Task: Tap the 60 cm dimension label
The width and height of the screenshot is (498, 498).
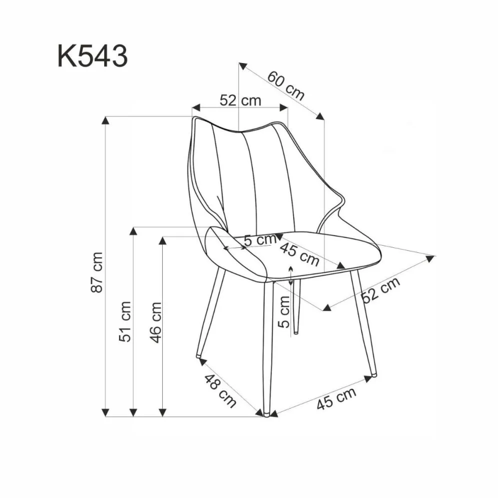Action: pos(285,86)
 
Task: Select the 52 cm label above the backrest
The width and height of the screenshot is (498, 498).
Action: pos(240,100)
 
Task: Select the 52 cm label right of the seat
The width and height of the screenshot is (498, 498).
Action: pos(381,290)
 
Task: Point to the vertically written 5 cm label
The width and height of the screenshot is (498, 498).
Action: pos(284,311)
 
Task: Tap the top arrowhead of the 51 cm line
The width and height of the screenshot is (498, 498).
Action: pos(133,231)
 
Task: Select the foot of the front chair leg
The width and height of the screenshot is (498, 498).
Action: pos(267,413)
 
